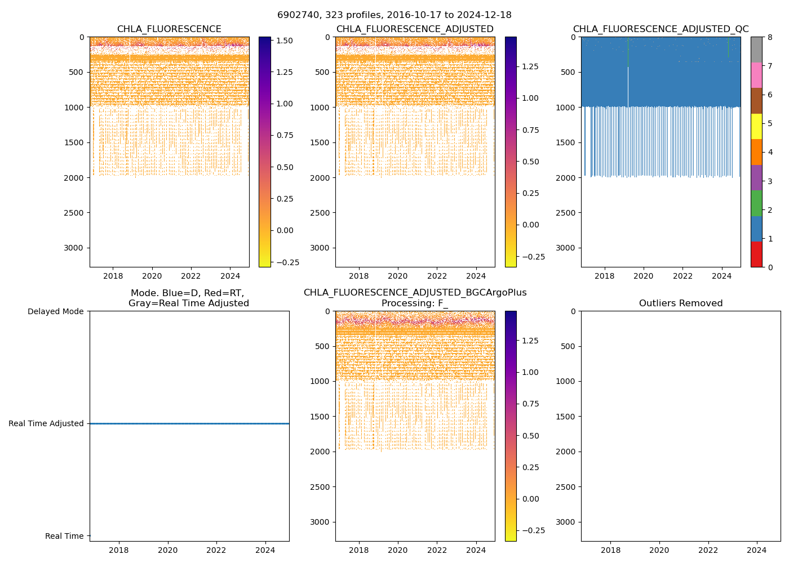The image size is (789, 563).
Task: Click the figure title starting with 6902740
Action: tap(394, 15)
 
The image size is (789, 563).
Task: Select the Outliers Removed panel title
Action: tap(680, 303)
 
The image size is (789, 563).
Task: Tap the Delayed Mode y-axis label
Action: tap(55, 311)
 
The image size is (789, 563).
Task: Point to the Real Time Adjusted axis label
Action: tap(46, 423)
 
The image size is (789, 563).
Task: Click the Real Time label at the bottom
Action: tap(64, 536)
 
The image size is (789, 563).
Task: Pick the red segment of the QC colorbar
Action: tap(756, 254)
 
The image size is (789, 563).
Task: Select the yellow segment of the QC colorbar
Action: tap(756, 126)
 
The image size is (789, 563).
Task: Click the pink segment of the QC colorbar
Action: tap(756, 75)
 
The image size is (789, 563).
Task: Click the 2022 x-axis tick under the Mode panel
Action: tap(216, 550)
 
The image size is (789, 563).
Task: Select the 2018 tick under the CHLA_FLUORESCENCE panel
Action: tap(113, 276)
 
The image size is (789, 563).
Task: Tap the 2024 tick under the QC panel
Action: tap(721, 276)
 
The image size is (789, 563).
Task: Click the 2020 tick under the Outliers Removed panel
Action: tap(659, 550)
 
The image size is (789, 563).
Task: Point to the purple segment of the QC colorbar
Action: tap(756, 177)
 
